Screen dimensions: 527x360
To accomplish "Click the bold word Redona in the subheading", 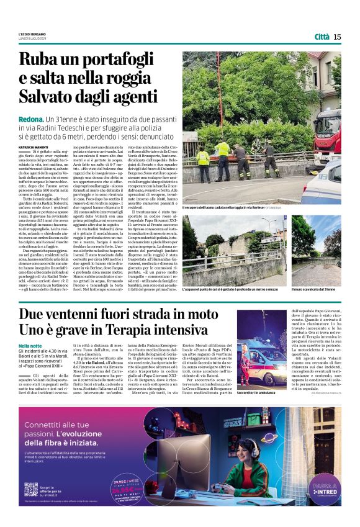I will (30, 118).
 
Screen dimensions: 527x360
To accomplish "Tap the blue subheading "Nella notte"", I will (30, 345).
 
